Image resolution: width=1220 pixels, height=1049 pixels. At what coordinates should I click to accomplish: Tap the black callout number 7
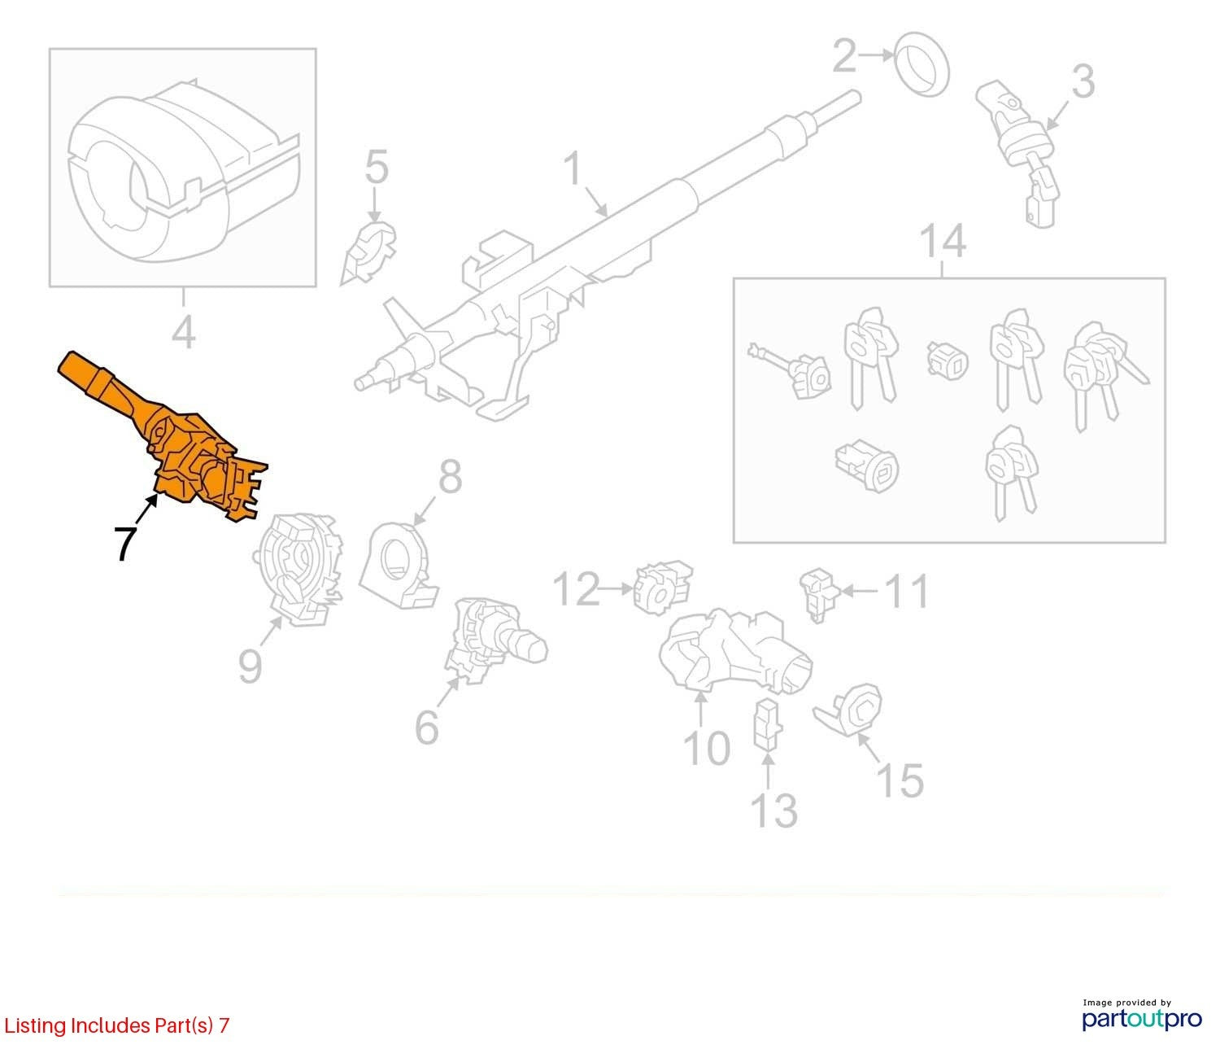124,544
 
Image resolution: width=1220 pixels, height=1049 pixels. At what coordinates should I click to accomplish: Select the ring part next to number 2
922,65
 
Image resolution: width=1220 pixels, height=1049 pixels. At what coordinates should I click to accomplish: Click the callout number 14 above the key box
943,241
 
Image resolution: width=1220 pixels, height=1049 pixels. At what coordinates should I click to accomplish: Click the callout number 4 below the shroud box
184,334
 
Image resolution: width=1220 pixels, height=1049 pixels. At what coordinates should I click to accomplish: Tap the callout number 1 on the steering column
573,168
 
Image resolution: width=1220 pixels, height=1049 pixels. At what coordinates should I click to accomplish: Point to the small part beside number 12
662,587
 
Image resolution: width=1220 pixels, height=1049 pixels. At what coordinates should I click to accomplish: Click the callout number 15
900,780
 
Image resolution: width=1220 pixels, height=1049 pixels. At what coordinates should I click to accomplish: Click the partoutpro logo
1141,1018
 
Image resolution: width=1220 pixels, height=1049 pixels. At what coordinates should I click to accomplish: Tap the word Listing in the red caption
36,1026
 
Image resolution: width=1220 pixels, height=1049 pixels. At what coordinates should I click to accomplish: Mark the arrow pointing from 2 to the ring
876,55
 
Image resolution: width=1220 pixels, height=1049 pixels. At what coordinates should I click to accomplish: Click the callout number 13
774,811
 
